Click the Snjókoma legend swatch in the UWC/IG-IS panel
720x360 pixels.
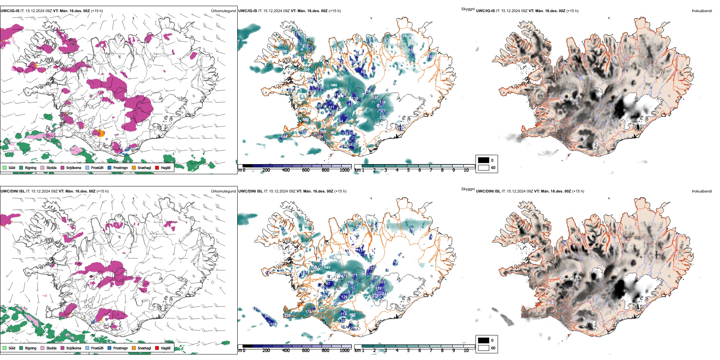(x=63, y=167)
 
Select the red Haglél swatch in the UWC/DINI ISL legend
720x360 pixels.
(x=157, y=348)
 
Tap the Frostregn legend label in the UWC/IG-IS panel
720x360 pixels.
(x=121, y=167)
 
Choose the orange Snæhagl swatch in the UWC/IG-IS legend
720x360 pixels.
(x=134, y=167)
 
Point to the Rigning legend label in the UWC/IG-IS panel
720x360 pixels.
(x=31, y=167)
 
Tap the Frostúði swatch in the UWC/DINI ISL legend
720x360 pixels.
(x=88, y=348)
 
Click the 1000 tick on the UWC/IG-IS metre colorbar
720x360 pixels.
(x=344, y=170)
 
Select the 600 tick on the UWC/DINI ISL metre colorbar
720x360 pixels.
(x=306, y=351)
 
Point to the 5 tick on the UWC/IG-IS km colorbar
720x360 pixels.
(x=409, y=170)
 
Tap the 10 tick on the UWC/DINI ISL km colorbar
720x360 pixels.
(x=466, y=351)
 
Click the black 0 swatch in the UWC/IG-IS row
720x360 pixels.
(x=484, y=160)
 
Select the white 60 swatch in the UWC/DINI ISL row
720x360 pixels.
(x=484, y=348)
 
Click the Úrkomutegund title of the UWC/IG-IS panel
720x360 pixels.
(x=223, y=11)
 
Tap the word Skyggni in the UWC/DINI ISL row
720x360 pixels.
(x=468, y=189)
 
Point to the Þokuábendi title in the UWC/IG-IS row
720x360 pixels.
(x=702, y=11)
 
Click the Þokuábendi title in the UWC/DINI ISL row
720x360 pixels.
(x=702, y=191)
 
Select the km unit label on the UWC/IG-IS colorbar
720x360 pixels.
(x=357, y=170)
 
